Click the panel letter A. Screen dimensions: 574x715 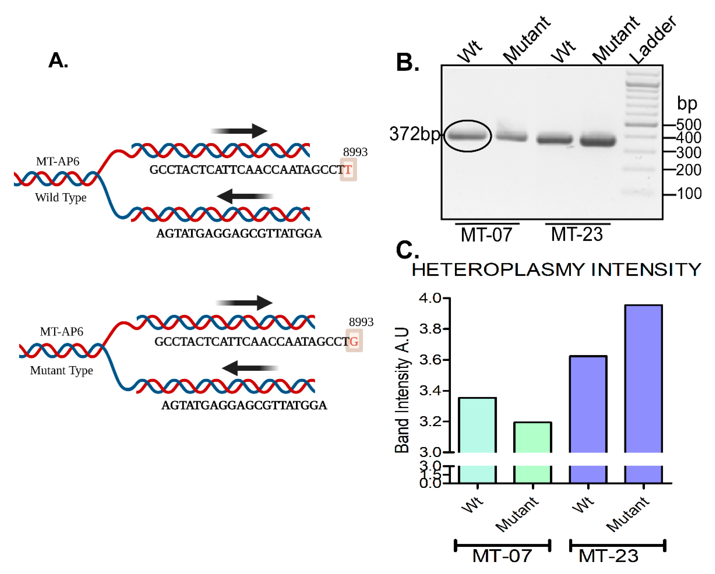point(58,61)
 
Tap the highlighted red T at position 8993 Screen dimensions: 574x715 point(348,170)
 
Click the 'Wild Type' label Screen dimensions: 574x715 point(61,198)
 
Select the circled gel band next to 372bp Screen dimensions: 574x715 point(467,136)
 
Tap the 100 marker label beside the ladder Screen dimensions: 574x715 point(689,194)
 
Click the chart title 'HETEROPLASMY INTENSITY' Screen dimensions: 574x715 point(556,270)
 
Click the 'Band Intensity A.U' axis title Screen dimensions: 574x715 point(402,390)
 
